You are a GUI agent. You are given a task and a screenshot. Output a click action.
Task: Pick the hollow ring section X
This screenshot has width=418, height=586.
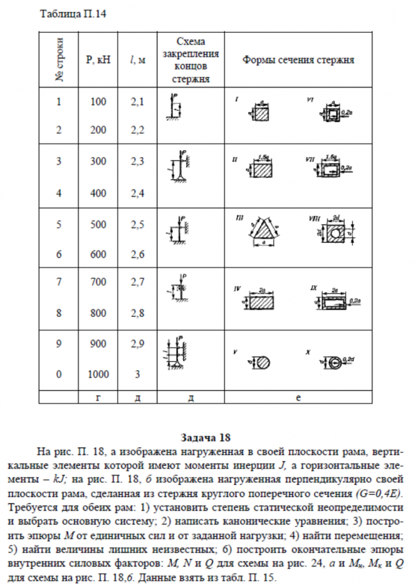335,361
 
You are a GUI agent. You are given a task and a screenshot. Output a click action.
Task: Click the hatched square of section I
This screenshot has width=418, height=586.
261,113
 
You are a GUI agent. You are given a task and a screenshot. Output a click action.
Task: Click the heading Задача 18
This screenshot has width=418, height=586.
208,437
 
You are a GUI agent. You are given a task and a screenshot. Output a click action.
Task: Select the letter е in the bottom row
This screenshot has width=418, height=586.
298,398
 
